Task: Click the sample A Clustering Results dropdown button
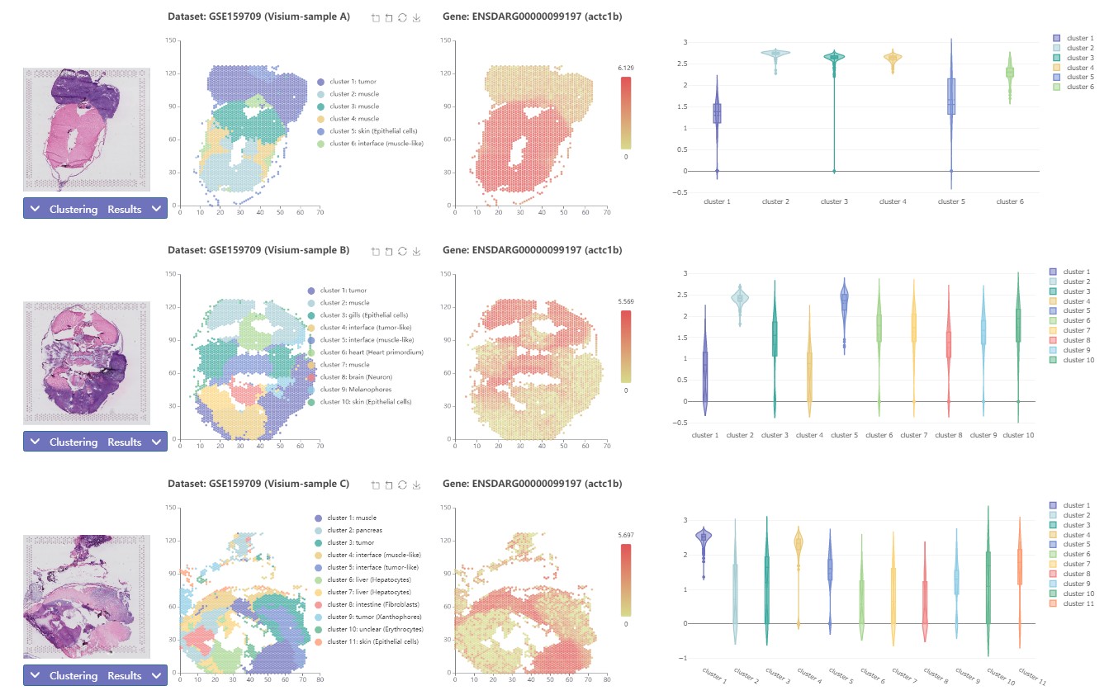click(95, 209)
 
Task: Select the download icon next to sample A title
click(417, 17)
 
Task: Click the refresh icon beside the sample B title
click(403, 250)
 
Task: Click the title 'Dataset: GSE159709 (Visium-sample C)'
click(258, 483)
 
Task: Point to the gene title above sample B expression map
click(532, 250)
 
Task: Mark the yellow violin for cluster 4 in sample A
click(893, 58)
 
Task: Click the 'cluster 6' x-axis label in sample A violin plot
click(1010, 201)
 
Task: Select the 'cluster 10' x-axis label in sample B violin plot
click(1018, 435)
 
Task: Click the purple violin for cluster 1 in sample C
click(704, 539)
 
